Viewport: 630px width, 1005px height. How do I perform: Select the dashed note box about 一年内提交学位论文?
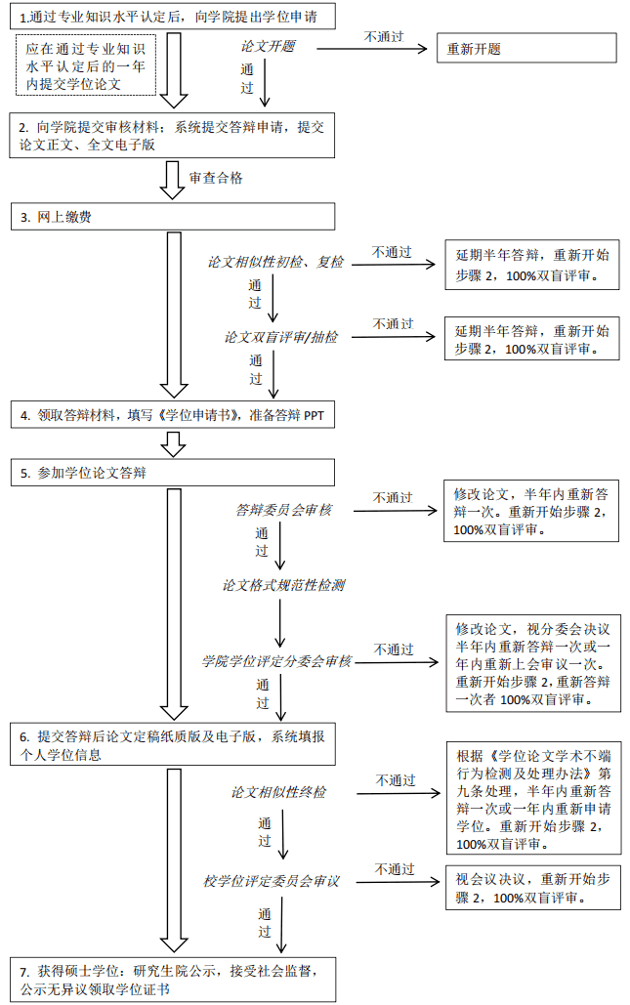coord(87,65)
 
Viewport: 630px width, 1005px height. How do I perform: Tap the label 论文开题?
coord(268,47)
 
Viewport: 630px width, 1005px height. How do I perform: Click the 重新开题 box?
coord(526,48)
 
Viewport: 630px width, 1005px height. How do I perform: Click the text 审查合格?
coord(216,178)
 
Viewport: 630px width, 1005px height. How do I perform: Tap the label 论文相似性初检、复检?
coord(275,262)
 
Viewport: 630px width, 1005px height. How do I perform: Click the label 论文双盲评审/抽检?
coord(281,337)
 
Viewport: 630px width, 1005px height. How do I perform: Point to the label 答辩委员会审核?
coord(283,510)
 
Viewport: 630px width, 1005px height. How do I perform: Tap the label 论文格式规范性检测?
coord(283,585)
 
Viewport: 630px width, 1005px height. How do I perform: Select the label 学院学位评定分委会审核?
coord(276,662)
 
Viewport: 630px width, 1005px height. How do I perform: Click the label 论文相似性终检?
coord(279,792)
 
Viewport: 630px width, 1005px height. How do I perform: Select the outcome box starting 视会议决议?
coord(531,887)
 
